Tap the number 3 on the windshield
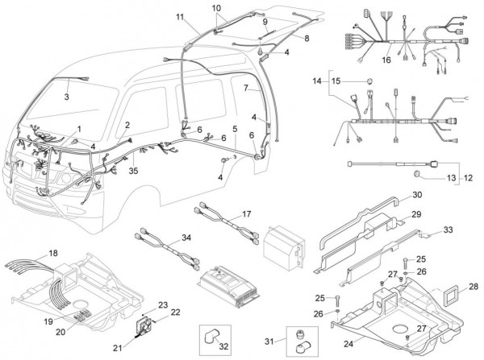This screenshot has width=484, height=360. (67, 97)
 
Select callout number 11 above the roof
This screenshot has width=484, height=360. (179, 16)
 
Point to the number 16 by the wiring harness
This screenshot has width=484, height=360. (386, 59)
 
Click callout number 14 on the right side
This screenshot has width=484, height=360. (316, 82)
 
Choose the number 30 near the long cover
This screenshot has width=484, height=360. (417, 195)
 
